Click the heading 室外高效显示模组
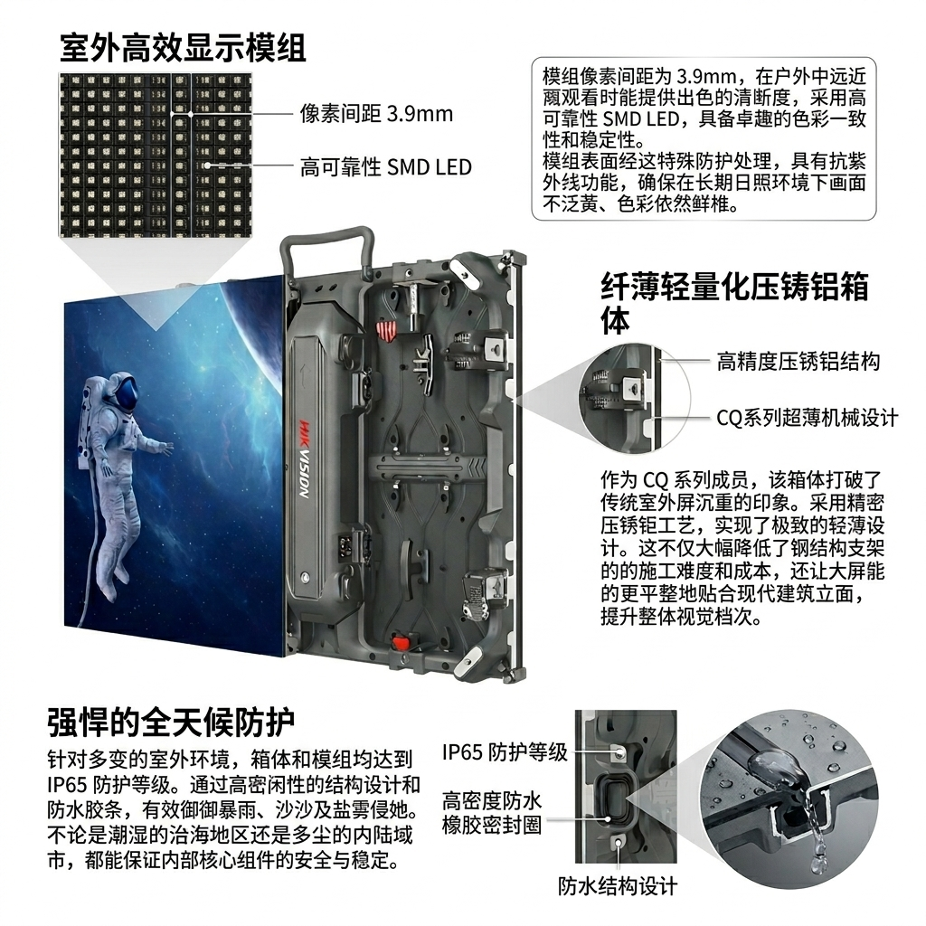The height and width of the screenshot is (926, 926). coord(183,48)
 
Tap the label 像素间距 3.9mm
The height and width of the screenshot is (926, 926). coord(376,113)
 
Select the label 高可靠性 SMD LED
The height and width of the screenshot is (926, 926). coord(385,167)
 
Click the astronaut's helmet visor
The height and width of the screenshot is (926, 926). coord(128,392)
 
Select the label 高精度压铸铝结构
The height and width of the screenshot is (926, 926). coord(798,361)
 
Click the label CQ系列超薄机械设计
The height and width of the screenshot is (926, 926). coord(807,418)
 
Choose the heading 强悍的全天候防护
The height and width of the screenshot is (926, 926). coord(171,723)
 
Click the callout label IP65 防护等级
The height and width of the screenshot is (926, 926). coord(505,751)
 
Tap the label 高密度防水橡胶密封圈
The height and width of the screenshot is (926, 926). coord(492,813)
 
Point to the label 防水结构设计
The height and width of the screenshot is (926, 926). coord(617,886)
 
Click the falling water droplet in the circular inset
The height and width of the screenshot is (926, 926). coord(817,850)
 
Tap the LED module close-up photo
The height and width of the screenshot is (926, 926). coord(156,154)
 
